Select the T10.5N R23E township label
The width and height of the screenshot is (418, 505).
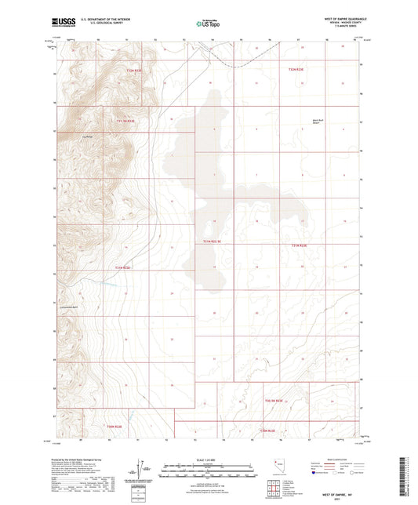coord(273,401)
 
